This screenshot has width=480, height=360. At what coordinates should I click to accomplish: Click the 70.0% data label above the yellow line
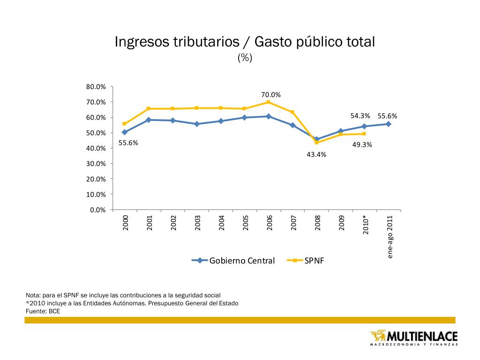tap(271, 95)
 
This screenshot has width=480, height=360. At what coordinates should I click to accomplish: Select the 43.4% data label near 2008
tap(316, 154)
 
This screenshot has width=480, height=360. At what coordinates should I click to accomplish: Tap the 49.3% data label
tap(362, 145)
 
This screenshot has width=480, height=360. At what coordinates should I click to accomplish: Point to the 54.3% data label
tap(360, 116)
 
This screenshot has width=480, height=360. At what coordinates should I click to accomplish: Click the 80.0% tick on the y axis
tap(96, 87)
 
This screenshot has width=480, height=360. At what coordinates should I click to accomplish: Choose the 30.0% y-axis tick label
tap(96, 164)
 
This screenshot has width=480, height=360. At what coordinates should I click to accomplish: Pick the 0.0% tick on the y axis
tap(98, 210)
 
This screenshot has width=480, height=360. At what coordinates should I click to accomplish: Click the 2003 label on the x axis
tap(197, 222)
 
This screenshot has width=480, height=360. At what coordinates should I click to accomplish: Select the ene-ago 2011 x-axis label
tap(390, 237)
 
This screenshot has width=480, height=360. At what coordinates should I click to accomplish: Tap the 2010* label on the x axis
tap(366, 225)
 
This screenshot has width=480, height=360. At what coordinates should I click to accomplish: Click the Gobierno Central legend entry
tap(233, 261)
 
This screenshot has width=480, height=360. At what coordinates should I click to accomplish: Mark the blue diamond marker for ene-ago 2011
tap(389, 124)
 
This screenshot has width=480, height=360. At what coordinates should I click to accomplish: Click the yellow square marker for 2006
tap(268, 102)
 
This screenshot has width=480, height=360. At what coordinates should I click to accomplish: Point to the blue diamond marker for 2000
tap(124, 132)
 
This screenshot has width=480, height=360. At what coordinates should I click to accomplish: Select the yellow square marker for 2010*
tap(364, 134)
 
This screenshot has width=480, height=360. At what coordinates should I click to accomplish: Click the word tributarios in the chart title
tap(207, 42)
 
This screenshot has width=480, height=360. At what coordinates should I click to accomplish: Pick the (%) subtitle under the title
tap(245, 57)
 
